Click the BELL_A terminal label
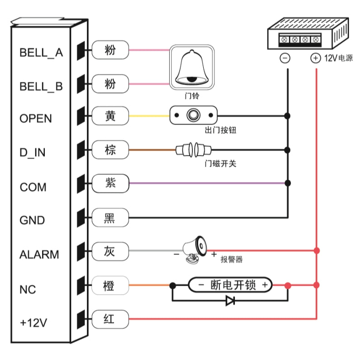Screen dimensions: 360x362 41,53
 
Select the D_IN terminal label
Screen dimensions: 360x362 33,153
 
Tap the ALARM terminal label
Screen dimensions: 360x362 39,254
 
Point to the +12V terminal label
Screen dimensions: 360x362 33,323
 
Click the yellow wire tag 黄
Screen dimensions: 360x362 110,116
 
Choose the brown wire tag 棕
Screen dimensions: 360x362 110,150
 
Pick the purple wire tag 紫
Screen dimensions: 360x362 110,183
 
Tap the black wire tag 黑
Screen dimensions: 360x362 110,218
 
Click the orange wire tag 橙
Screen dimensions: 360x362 110,285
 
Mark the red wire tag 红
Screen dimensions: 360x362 110,319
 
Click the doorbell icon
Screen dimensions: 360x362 191,67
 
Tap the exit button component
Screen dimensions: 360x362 194,116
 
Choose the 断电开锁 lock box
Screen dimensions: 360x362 230,285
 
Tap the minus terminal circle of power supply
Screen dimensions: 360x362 285,58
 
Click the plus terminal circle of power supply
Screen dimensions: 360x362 315,58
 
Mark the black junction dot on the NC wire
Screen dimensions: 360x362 172,285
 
